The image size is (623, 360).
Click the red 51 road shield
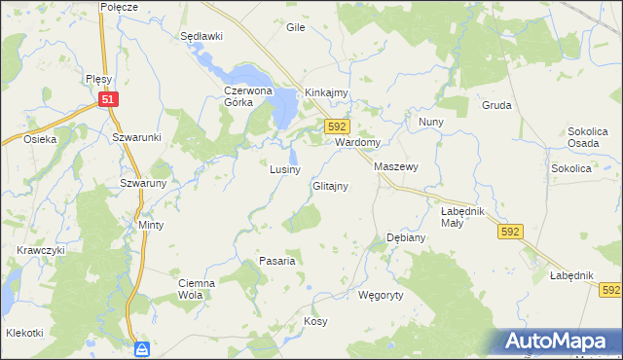click(x=109, y=98)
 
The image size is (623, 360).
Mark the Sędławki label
click(x=202, y=36)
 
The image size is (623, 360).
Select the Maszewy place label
click(x=396, y=166)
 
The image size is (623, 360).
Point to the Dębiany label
click(x=406, y=237)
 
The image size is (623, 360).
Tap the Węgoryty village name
click(x=381, y=293)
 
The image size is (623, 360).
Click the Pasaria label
click(x=276, y=261)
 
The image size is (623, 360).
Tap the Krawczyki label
click(x=40, y=250)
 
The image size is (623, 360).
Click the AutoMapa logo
click(x=559, y=342)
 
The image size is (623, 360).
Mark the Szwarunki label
click(x=135, y=138)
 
